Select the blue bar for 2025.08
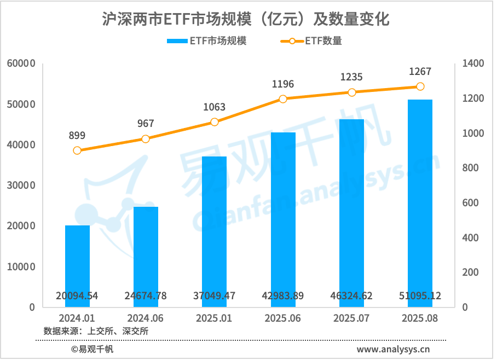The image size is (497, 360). pos(420,203)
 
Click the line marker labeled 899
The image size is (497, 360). pos(77,150)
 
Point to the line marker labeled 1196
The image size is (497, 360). pos(283,99)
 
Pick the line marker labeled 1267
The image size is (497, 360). pos(420,86)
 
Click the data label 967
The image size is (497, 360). pos(146,124)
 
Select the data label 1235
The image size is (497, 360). pos(351,78)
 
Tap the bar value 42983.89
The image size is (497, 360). pos(283,296)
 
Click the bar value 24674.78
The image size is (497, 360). pos(146,296)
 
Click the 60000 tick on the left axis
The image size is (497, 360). pos(22,63)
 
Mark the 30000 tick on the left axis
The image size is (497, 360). pos(22,185)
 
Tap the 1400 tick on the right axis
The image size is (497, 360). pos(473,63)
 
